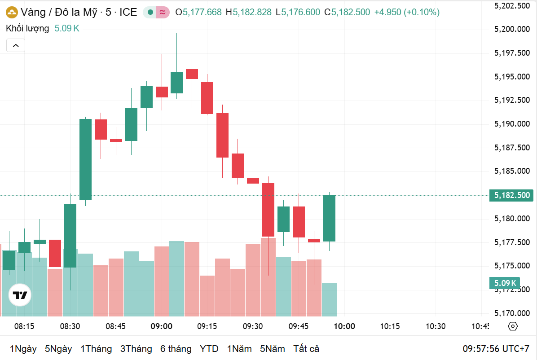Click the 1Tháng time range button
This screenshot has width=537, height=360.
pyautogui.click(x=96, y=349)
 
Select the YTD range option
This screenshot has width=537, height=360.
pyautogui.click(x=209, y=349)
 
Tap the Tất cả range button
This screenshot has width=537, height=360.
pyautogui.click(x=306, y=349)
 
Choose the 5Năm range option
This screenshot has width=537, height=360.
pyautogui.click(x=272, y=349)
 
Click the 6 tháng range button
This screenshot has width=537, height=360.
pyautogui.click(x=176, y=349)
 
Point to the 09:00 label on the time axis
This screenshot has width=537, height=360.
pyautogui.click(x=162, y=326)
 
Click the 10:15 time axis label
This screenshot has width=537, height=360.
pyautogui.click(x=389, y=326)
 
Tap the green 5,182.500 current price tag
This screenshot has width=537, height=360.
pyautogui.click(x=511, y=195)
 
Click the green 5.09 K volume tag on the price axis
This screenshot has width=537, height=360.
pyautogui.click(x=504, y=283)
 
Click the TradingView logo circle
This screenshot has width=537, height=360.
pyautogui.click(x=20, y=295)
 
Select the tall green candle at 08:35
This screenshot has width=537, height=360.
pyautogui.click(x=85, y=159)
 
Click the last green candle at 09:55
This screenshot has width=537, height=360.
pyautogui.click(x=329, y=218)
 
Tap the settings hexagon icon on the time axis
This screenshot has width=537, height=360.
pyautogui.click(x=513, y=326)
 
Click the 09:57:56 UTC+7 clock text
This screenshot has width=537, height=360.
pyautogui.click(x=496, y=349)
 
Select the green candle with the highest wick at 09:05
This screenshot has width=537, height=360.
pyautogui.click(x=176, y=83)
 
